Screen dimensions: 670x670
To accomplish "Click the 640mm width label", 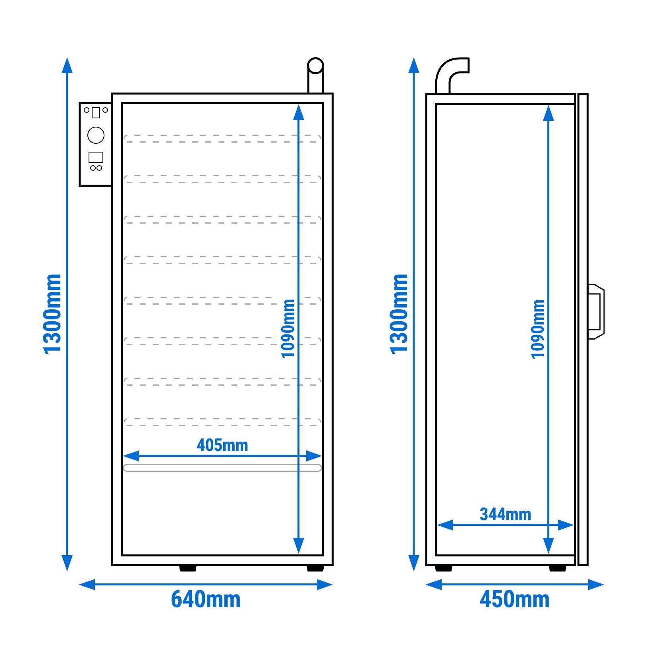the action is (x=206, y=599).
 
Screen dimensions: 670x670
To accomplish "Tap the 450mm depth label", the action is (x=515, y=599).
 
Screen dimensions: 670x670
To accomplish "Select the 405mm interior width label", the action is (x=222, y=445).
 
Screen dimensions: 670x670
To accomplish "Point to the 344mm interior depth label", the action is (x=506, y=514).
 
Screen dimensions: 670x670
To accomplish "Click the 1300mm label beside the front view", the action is (x=52, y=314).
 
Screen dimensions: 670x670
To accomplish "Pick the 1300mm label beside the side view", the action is (x=399, y=314).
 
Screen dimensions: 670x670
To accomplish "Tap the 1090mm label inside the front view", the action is (x=288, y=329).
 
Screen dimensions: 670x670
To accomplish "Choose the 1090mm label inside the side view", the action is (x=538, y=329).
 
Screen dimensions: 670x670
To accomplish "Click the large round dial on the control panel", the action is (x=96, y=135).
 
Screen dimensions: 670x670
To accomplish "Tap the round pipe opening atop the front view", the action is (x=316, y=66).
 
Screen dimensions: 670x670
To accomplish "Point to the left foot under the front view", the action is (x=188, y=568).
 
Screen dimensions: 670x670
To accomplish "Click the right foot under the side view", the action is (x=558, y=568).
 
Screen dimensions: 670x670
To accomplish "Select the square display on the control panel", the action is (x=96, y=157).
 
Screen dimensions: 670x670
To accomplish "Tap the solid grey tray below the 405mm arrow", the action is (x=222, y=468).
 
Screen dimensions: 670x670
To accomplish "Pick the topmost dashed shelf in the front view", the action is (x=222, y=139).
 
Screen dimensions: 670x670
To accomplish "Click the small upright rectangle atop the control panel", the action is (x=96, y=112).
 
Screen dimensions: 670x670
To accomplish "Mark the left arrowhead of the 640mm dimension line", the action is (x=87, y=585).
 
